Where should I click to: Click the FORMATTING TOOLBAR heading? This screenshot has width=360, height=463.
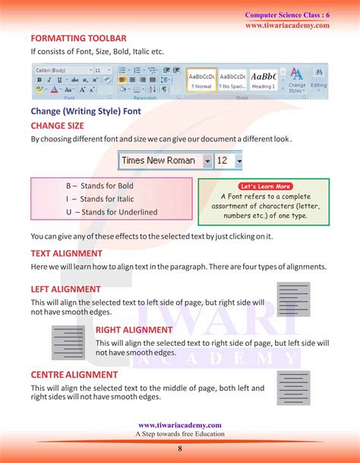point(78,38)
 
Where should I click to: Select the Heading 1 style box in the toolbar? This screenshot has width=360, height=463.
point(263,81)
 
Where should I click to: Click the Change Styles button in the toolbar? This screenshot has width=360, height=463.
point(297,81)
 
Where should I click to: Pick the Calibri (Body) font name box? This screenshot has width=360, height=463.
point(62,70)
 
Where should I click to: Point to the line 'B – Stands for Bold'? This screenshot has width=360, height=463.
point(99,186)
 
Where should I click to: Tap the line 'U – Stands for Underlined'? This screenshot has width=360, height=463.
point(112,212)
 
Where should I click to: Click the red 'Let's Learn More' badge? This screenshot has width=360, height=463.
point(265,186)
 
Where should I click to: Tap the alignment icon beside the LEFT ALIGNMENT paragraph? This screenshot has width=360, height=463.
point(294,300)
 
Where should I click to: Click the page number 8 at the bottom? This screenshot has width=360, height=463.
point(180,449)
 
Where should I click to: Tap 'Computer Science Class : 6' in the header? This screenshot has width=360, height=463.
point(287,15)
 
